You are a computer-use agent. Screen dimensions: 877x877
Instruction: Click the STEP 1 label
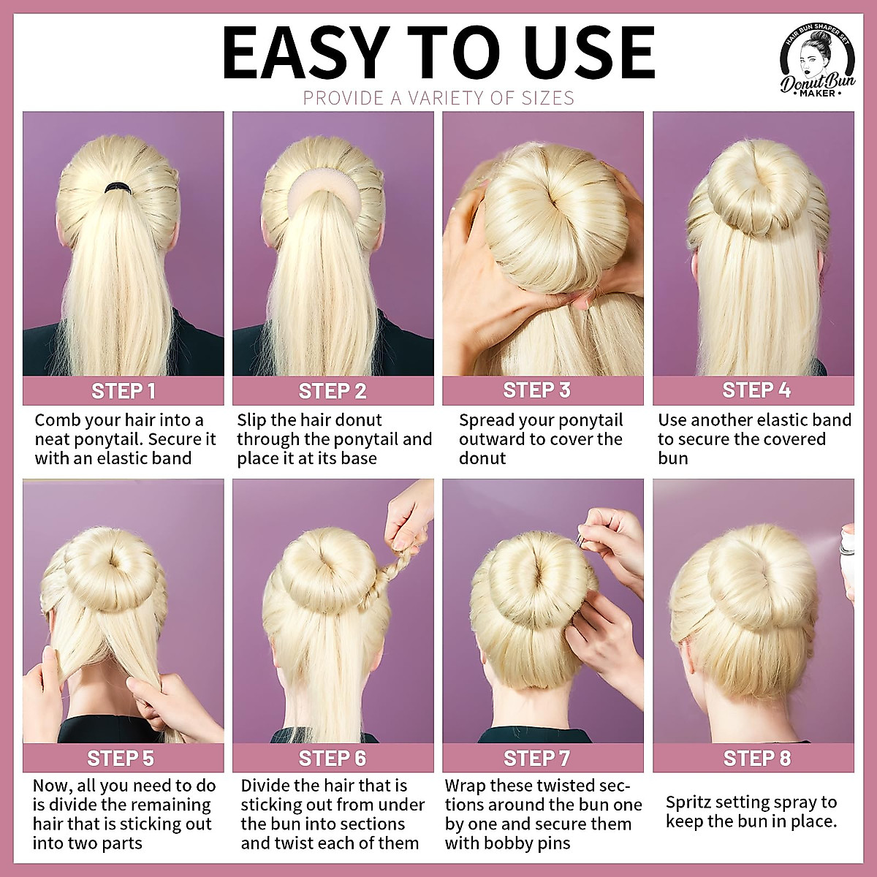(123, 391)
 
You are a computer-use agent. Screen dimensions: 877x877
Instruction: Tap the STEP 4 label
(756, 390)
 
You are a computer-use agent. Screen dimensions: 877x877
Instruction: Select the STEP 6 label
(332, 758)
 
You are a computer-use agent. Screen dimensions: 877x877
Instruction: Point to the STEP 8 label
(756, 758)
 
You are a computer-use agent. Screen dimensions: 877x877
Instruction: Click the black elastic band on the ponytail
(116, 188)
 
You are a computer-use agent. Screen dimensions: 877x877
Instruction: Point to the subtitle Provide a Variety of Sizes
(438, 98)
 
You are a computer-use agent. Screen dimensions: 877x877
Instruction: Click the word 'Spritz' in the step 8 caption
(689, 802)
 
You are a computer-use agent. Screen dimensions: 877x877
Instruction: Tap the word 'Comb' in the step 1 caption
(57, 420)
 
